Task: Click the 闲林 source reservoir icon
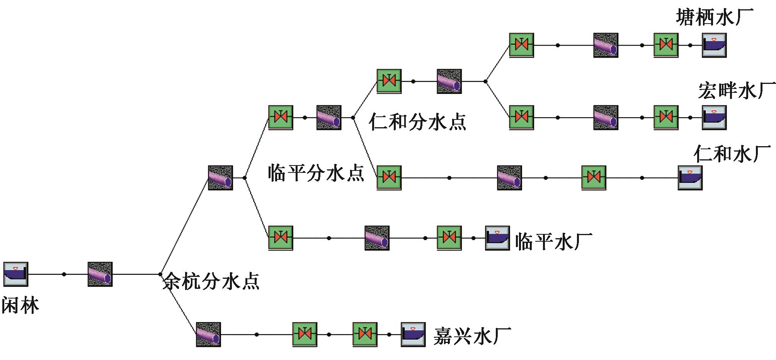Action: (16, 274)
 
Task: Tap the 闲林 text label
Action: (20, 306)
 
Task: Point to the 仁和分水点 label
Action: (418, 121)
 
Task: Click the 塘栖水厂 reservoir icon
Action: (714, 45)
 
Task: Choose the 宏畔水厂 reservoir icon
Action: (714, 118)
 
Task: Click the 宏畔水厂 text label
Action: (737, 91)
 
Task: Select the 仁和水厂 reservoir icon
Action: (690, 178)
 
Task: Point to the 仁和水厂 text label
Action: (732, 154)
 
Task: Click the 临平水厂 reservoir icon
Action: (497, 238)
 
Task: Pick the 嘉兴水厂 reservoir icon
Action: (413, 334)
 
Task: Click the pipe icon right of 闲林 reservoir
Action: (100, 274)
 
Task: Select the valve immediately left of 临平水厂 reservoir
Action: (449, 238)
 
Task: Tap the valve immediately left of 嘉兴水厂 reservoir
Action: (365, 334)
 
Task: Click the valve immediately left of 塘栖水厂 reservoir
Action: (666, 45)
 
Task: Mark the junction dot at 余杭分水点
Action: (160, 274)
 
